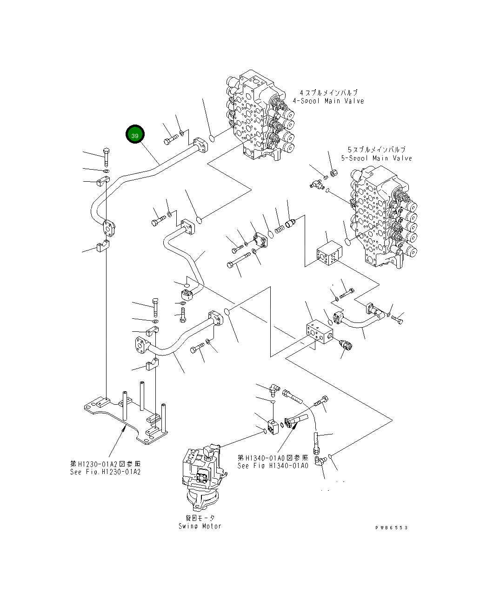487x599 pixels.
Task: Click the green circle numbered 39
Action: click(135, 135)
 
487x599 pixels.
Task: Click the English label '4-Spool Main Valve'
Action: click(328, 101)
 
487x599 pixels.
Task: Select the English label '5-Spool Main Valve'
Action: click(376, 158)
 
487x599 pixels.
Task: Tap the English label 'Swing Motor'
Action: click(200, 526)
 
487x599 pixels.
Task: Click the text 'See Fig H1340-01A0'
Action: click(272, 466)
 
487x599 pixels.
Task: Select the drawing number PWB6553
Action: click(392, 527)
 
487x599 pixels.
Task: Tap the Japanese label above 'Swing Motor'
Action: click(200, 518)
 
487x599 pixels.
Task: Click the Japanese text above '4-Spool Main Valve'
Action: click(328, 92)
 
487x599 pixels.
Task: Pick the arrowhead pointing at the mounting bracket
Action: click(123, 430)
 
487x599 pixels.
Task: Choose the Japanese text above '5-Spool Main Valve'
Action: click(376, 150)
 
